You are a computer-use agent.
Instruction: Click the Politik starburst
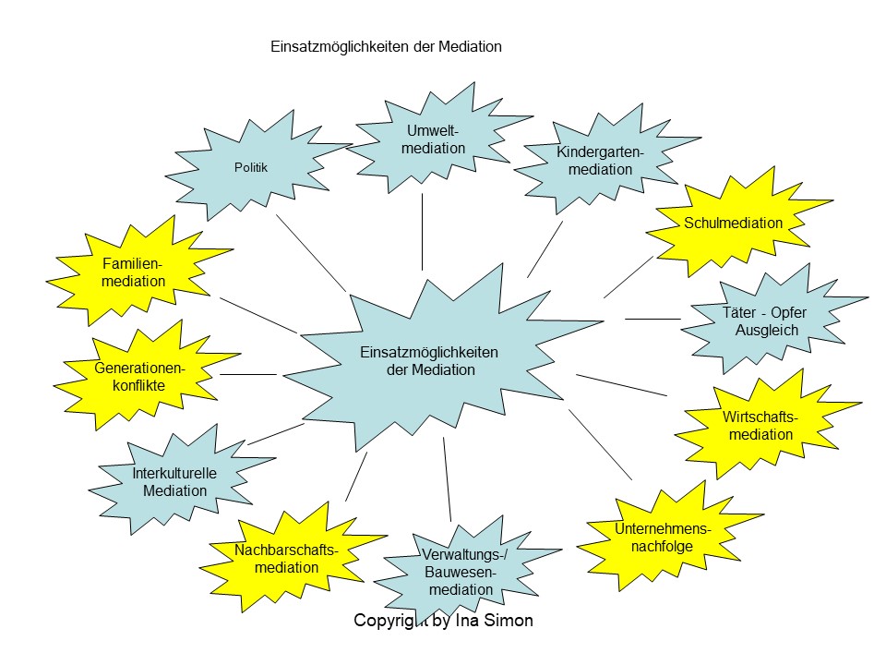[251, 168]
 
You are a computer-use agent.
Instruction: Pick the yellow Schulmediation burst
[734, 223]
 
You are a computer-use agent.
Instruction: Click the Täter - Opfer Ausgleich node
[766, 321]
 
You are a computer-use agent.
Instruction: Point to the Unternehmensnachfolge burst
[662, 537]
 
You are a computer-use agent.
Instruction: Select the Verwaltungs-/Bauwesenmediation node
[460, 572]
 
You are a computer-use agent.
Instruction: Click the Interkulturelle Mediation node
[175, 482]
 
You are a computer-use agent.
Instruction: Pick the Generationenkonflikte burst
[140, 377]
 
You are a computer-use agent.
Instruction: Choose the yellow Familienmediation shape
[135, 272]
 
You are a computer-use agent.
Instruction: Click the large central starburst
[429, 360]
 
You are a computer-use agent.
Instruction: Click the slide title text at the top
[387, 46]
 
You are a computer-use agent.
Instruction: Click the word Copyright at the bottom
[391, 621]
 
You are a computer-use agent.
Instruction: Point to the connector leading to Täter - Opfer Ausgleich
[652, 319]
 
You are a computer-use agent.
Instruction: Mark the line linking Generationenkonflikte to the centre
[248, 374]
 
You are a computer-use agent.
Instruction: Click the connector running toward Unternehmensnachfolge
[601, 444]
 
